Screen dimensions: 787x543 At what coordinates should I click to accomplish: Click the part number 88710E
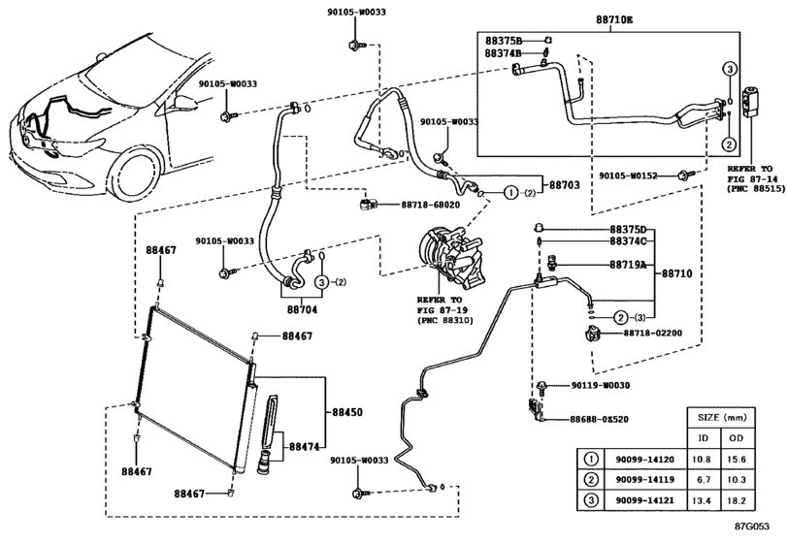tap(614, 20)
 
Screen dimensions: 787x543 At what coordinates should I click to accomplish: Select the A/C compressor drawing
tap(449, 257)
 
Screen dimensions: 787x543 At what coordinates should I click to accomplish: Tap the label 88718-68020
tap(430, 205)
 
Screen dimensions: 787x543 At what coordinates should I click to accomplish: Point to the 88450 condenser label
tap(346, 412)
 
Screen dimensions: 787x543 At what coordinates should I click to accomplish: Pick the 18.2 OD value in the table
tap(736, 500)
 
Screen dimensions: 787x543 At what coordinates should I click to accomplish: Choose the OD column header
tap(736, 437)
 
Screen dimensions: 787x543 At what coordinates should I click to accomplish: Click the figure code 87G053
tap(752, 526)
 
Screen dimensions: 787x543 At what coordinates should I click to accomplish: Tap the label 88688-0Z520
tap(599, 419)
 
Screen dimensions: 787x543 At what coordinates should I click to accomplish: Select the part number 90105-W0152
tap(628, 176)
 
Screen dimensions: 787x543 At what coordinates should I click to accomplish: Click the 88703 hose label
tap(564, 185)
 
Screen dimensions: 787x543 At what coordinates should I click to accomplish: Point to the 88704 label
tap(302, 310)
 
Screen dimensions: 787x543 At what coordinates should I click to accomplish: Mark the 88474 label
tap(304, 446)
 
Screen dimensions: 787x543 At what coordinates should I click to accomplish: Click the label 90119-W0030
tap(601, 385)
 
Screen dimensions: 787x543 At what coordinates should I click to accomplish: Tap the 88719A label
tap(628, 265)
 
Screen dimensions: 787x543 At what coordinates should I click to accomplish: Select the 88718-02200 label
tap(653, 333)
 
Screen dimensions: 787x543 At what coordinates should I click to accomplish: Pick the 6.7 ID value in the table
tap(704, 480)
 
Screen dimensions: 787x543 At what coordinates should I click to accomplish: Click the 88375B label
tap(504, 40)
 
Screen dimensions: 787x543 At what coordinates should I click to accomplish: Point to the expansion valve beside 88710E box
tap(750, 100)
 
